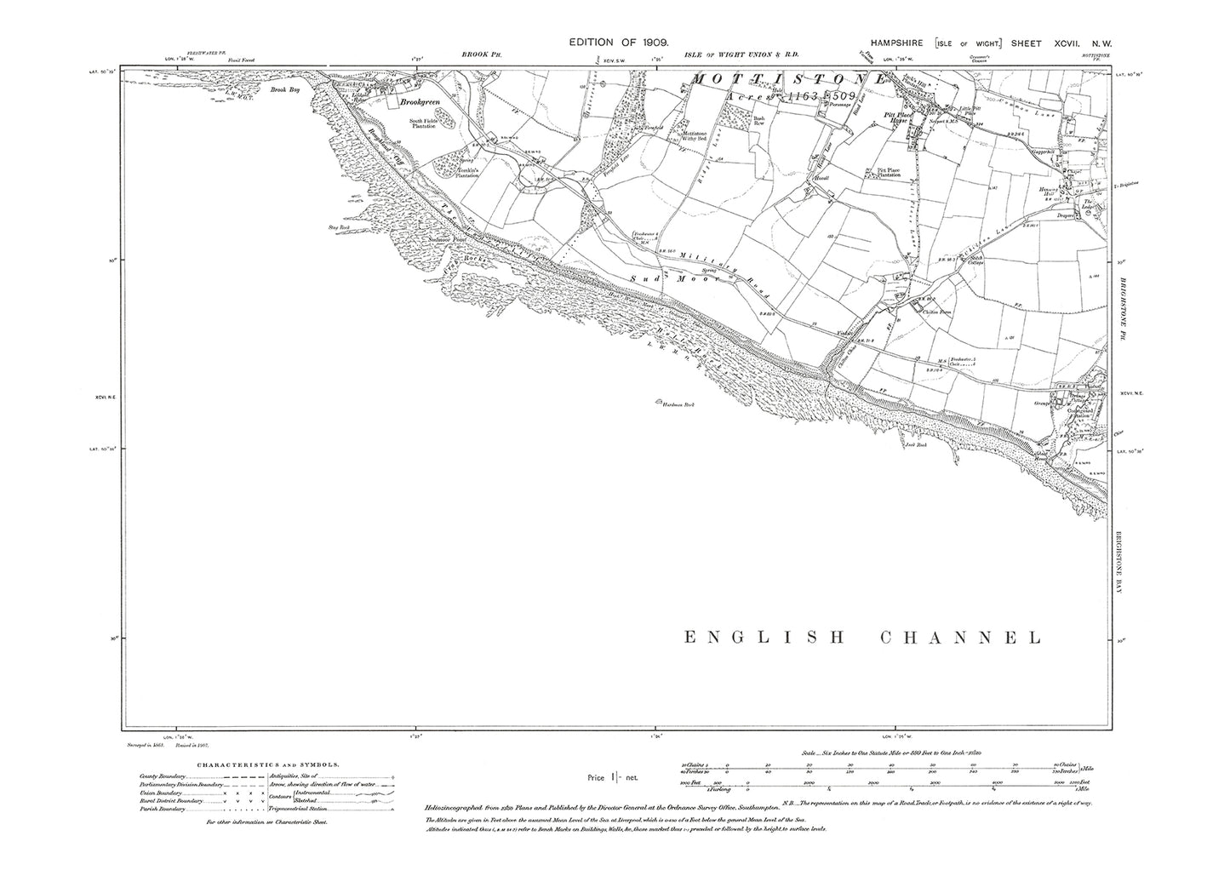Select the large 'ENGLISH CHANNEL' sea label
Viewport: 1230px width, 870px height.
tap(862, 638)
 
